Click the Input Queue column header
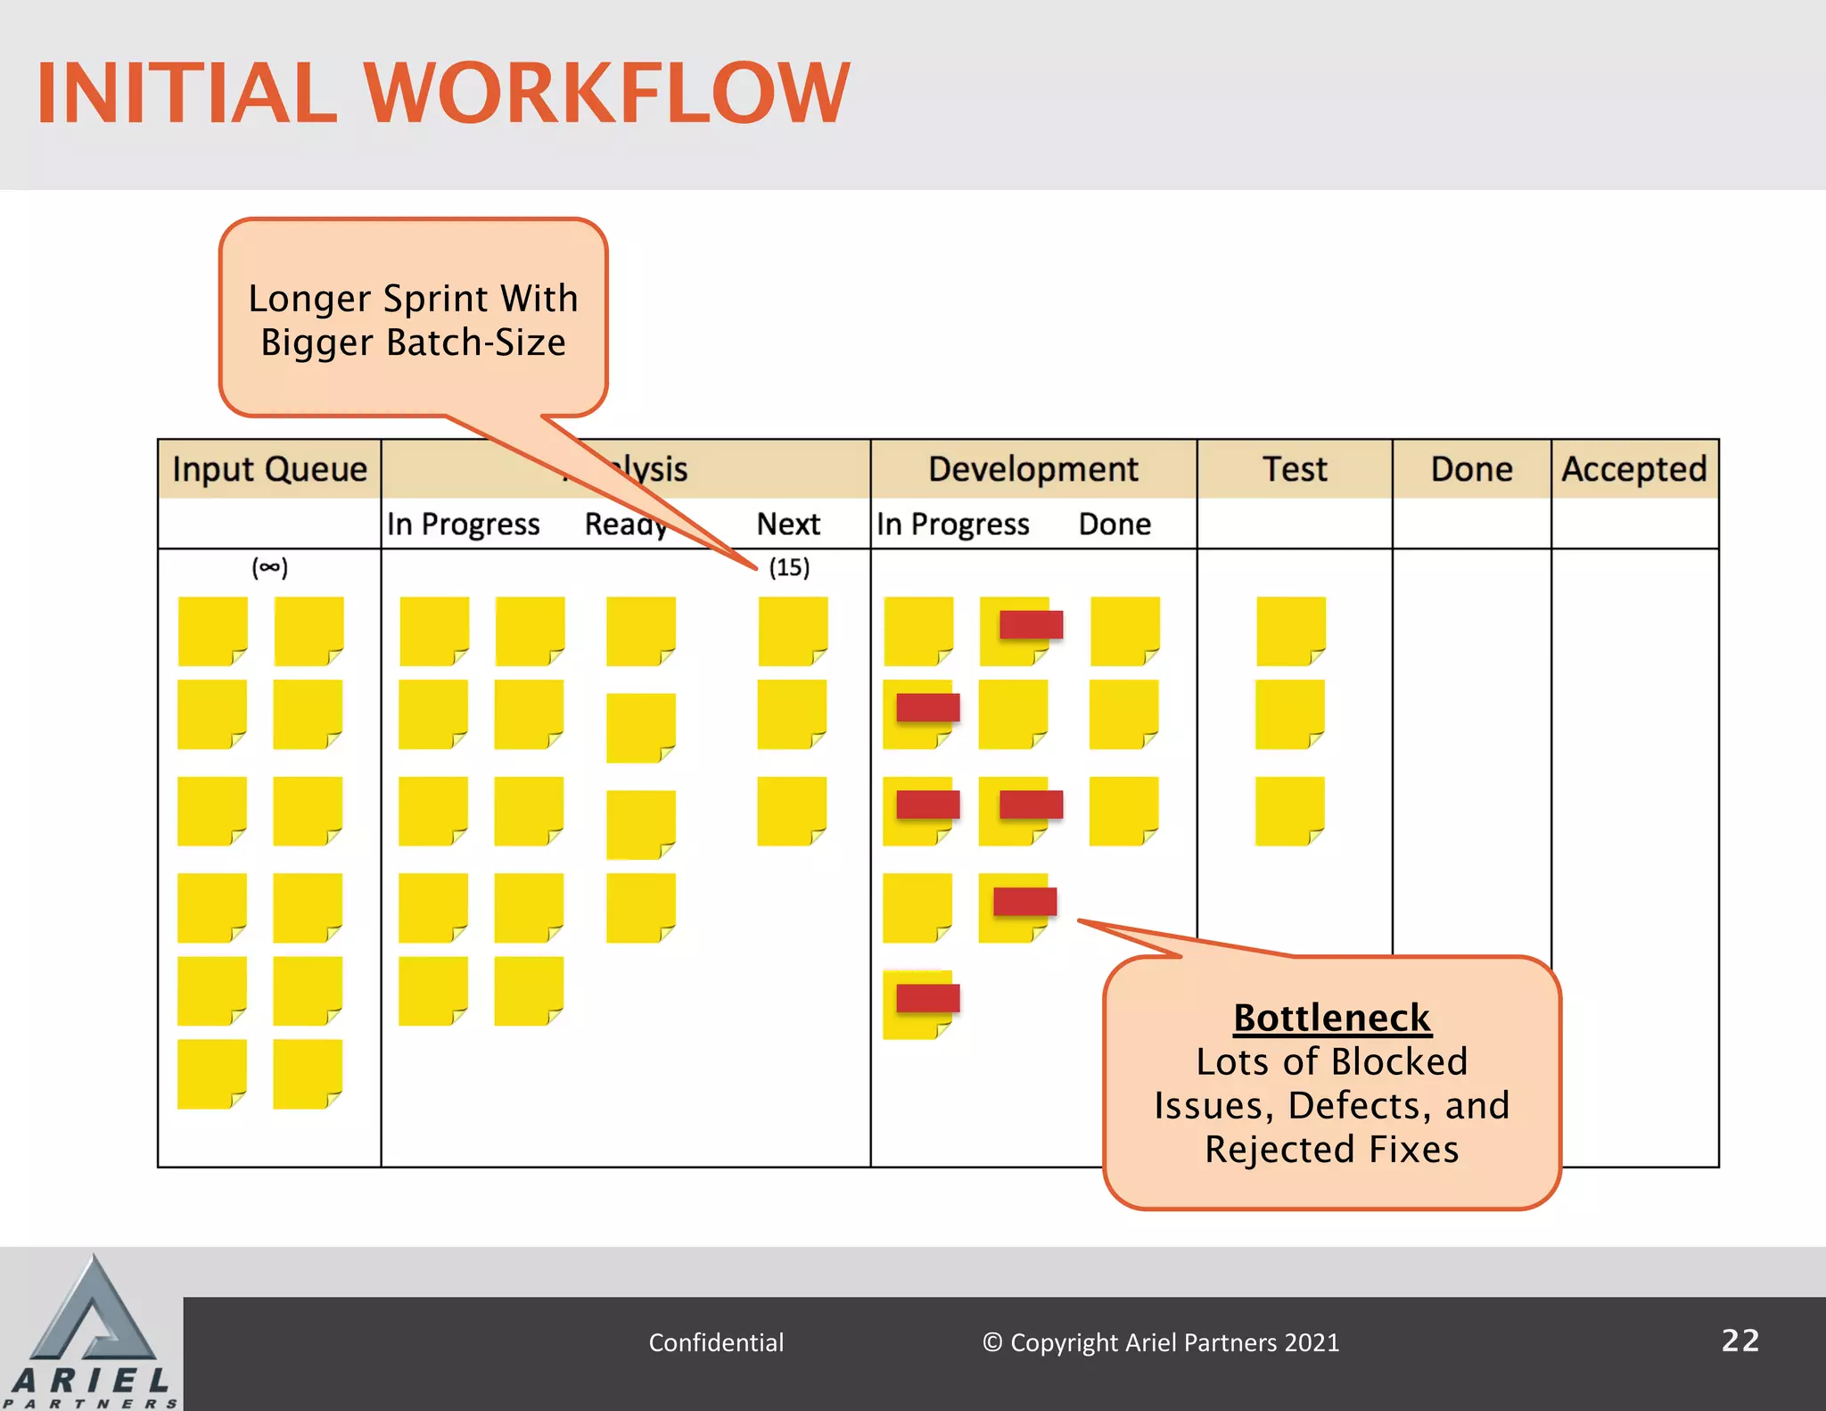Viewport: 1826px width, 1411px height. [269, 469]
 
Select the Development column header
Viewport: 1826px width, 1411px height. [1032, 469]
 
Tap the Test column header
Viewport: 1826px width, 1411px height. [1295, 469]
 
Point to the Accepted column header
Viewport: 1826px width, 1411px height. [1634, 469]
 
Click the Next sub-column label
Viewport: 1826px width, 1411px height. [788, 524]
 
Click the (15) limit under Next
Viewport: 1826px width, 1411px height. [789, 567]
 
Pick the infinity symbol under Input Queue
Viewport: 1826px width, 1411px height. [270, 567]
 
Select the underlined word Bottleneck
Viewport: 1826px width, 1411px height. [1332, 1018]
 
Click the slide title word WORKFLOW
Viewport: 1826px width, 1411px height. [606, 93]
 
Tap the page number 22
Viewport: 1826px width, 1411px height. [1740, 1341]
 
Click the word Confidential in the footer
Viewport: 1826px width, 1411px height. [716, 1342]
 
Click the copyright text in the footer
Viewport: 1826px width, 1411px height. [1161, 1342]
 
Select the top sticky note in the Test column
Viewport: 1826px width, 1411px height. [1290, 631]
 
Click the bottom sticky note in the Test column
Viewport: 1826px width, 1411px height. [1289, 811]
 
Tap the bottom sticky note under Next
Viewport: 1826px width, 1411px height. [792, 811]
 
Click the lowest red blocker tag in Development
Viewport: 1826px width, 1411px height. [928, 998]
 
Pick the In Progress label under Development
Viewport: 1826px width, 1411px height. [952, 524]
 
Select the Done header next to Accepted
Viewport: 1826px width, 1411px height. [1471, 469]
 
